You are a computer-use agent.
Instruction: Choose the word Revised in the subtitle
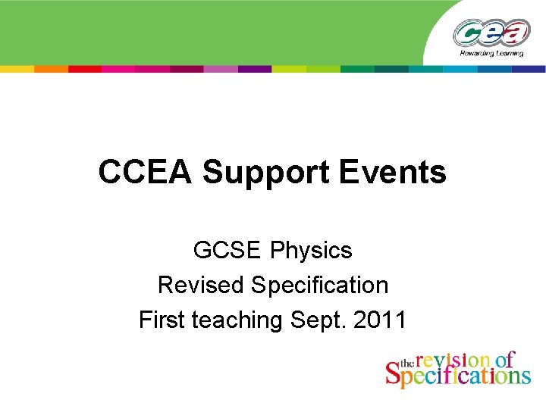(201, 286)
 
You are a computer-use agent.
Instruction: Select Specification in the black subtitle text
(319, 286)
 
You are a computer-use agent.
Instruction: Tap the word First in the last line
(162, 320)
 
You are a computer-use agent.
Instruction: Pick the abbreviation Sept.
(318, 320)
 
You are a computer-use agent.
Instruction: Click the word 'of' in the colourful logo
(504, 360)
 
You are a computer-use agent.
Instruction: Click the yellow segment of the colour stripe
(17, 68)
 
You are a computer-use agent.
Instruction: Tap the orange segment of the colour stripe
(51, 68)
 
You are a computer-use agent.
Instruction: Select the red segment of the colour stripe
(85, 68)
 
